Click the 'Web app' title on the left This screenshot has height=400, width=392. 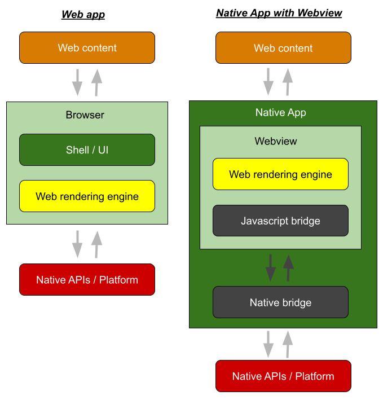tap(83, 15)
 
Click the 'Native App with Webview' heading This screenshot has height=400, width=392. tap(279, 13)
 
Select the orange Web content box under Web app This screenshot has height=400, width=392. tap(87, 47)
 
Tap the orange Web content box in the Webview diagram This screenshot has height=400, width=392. tap(283, 48)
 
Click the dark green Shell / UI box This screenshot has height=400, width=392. tap(87, 150)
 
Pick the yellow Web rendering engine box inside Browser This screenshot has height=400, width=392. tap(87, 196)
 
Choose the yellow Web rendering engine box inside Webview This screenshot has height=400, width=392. tap(280, 174)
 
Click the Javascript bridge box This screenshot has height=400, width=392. tap(280, 221)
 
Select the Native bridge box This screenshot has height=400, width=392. tap(280, 302)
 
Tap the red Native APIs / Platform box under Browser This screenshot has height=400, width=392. tap(87, 279)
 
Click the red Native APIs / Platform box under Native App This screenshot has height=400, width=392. tap(283, 376)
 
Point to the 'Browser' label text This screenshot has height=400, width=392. tap(85, 115)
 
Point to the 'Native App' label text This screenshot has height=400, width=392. tap(280, 112)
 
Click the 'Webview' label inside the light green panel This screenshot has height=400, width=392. tap(275, 141)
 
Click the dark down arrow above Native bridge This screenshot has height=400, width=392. tap(271, 267)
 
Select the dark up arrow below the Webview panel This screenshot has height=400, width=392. tap(288, 267)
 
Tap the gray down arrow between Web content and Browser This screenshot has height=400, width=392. tap(77, 82)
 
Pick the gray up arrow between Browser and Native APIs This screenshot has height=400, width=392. tap(97, 244)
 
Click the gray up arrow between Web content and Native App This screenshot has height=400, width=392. tap(288, 82)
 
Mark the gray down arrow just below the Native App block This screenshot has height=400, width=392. tap(268, 344)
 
